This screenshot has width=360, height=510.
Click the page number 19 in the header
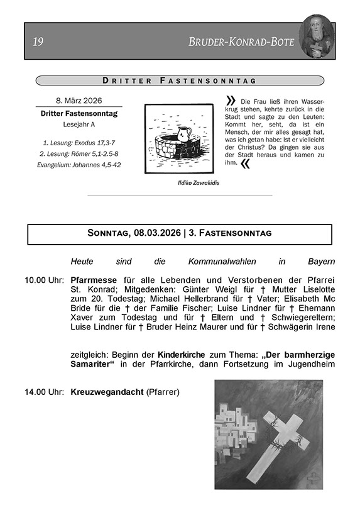[38, 42]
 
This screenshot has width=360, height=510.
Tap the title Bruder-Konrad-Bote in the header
[241, 42]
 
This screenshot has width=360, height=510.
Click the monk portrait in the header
[317, 36]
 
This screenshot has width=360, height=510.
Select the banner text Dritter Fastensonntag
[179, 80]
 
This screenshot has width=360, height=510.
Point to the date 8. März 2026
[79, 101]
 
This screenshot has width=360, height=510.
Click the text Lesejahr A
[79, 125]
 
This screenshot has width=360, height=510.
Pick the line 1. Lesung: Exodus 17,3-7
[79, 143]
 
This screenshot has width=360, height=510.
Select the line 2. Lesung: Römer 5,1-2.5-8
[79, 154]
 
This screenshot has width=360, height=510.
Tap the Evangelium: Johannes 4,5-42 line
[79, 165]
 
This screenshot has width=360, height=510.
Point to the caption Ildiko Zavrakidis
[199, 183]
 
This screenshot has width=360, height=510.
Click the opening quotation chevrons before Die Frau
[231, 101]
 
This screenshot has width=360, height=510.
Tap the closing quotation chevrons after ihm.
[245, 164]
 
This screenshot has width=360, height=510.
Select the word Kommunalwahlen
[222, 262]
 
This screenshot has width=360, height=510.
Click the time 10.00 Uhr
[45, 280]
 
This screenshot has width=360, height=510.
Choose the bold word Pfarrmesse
[94, 280]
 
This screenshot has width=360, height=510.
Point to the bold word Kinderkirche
[182, 355]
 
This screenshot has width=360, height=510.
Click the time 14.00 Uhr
[45, 392]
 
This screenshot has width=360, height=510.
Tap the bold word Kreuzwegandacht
[107, 392]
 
